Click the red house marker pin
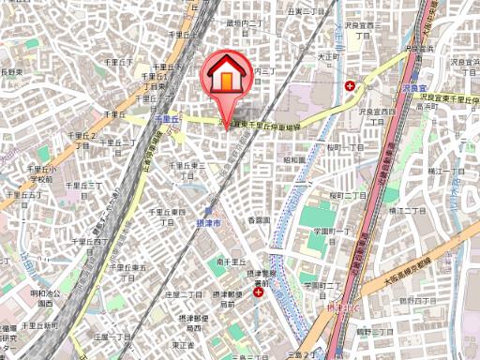point(227,77)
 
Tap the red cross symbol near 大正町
point(350,86)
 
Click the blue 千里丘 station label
point(166,119)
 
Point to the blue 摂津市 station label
point(210,226)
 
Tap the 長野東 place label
point(11,72)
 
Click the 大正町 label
point(326,56)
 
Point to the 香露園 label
point(259,220)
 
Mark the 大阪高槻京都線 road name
point(412,270)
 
